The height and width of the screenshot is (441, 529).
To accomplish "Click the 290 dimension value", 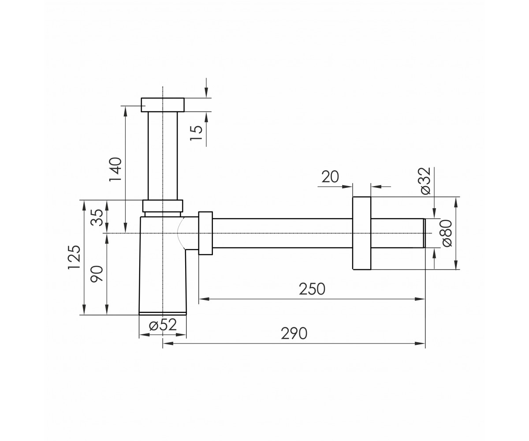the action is pyautogui.click(x=294, y=333).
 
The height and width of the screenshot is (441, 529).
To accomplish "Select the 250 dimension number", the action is pyautogui.click(x=312, y=289).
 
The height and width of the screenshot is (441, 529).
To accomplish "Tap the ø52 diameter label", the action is pyautogui.click(x=163, y=325).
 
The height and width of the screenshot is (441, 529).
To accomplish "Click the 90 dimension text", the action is pyautogui.click(x=97, y=273).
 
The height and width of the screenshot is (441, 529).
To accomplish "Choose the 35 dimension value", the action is pyautogui.click(x=97, y=217).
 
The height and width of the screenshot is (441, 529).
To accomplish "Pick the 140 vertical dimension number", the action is pyautogui.click(x=115, y=169).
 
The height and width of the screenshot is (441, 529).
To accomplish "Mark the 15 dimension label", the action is pyautogui.click(x=196, y=133).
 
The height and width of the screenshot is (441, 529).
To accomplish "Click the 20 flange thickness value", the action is pyautogui.click(x=330, y=177).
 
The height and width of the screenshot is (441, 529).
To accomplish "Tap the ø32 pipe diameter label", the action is pyautogui.click(x=426, y=180).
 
